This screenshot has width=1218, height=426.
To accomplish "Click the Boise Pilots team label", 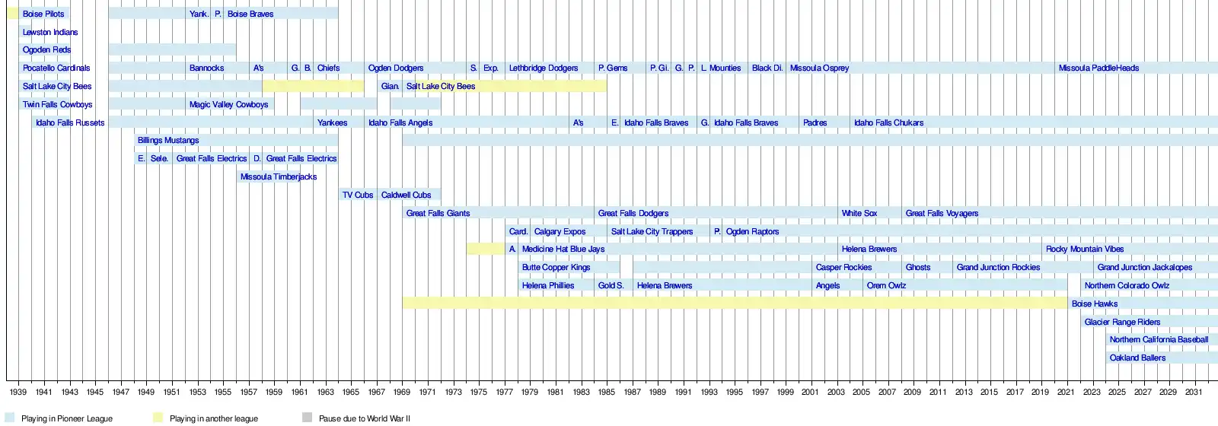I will [x=43, y=14].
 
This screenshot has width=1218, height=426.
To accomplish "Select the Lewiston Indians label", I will [x=50, y=32].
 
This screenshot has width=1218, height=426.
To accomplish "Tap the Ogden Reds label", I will [x=46, y=50].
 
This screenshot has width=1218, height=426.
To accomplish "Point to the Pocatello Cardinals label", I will [x=56, y=68].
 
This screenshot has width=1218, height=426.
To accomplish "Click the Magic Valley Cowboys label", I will [x=228, y=105].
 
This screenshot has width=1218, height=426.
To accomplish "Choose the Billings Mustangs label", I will [x=168, y=141].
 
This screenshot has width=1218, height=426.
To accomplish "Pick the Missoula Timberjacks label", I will [x=279, y=177].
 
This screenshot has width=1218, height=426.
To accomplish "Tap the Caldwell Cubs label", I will [x=406, y=196].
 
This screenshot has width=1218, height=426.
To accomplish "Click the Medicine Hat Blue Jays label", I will [x=563, y=250].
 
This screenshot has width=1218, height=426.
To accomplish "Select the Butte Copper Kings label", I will [x=556, y=268].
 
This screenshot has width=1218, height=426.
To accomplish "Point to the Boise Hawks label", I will [x=1095, y=304].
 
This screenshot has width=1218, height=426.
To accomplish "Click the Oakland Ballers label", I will [x=1137, y=358].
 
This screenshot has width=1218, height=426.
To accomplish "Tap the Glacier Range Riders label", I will [x=1122, y=323].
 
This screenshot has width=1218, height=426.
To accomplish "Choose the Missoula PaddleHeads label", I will [x=1098, y=68].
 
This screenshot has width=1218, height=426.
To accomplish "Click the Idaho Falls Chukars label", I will [x=888, y=123].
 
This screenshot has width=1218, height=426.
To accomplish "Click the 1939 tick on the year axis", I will [x=18, y=393].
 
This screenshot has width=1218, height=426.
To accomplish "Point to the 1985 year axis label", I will [x=607, y=393].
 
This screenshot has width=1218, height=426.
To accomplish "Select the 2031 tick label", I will [x=1194, y=393].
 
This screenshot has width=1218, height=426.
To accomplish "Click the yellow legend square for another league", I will [x=158, y=418].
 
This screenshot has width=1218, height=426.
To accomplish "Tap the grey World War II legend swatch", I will [x=307, y=418].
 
